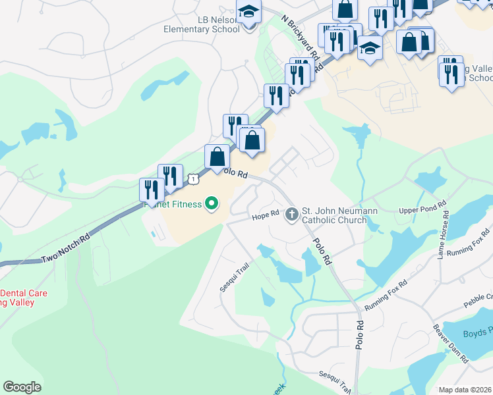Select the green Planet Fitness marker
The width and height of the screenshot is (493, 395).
[212, 204]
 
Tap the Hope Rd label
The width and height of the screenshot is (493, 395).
[266, 217]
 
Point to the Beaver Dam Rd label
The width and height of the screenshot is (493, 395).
[451, 342]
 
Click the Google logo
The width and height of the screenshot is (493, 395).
[22, 386]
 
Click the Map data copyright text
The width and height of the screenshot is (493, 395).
[465, 390]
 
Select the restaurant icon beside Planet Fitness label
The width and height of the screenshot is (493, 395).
[152, 190]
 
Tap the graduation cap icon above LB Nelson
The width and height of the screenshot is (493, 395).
[248, 12]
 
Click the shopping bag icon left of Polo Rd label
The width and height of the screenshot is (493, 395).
[217, 157]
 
